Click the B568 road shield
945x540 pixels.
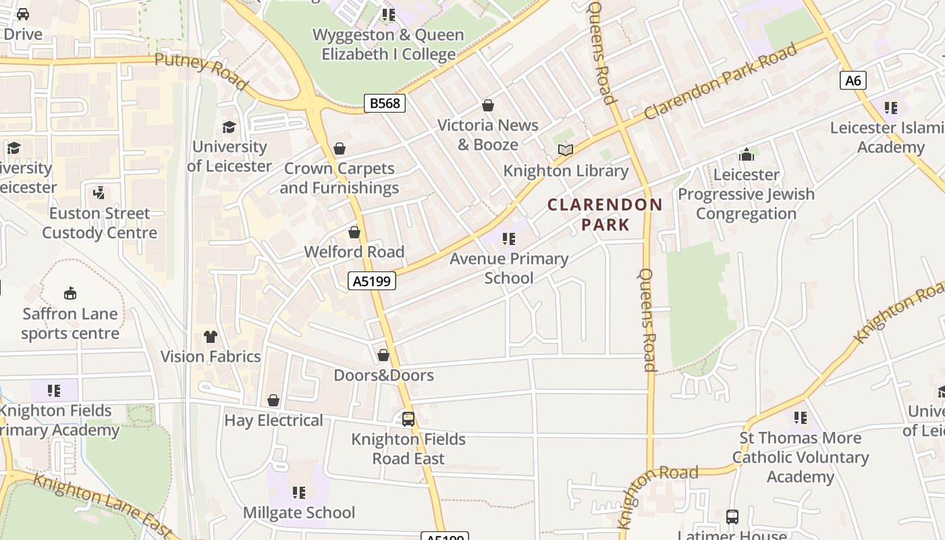pos(385,103)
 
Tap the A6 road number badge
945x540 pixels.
pos(853,81)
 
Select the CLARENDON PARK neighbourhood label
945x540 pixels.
pos(605,215)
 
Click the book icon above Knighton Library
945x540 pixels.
pos(566,150)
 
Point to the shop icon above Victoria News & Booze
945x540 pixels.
pos(488,105)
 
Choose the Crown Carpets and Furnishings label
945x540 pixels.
pos(339,178)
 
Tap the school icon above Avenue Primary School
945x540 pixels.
pos(509,238)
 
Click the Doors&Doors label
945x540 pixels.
pos(383,375)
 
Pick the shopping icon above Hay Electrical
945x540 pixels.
pos(273,400)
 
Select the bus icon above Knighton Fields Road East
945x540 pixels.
pos(408,419)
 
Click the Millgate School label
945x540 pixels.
pos(299,513)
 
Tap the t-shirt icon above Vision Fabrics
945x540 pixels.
pos(211,336)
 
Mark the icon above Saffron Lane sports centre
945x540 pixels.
pos(70,293)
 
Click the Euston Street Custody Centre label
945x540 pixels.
pos(99,223)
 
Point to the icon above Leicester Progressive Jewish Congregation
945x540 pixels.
pos(747,155)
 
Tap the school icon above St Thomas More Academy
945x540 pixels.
pos(801,418)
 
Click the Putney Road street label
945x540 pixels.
pos(201,72)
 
